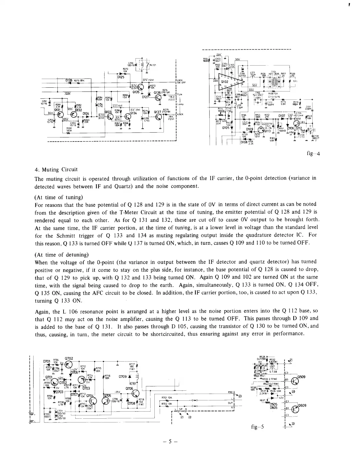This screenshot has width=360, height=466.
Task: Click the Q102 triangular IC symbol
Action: (231, 83)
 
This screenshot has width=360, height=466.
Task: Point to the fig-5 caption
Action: (257, 427)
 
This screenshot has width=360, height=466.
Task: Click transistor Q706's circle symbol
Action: (136, 394)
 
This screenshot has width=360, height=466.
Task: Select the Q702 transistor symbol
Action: (68, 365)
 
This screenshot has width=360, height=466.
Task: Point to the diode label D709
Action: (123, 376)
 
